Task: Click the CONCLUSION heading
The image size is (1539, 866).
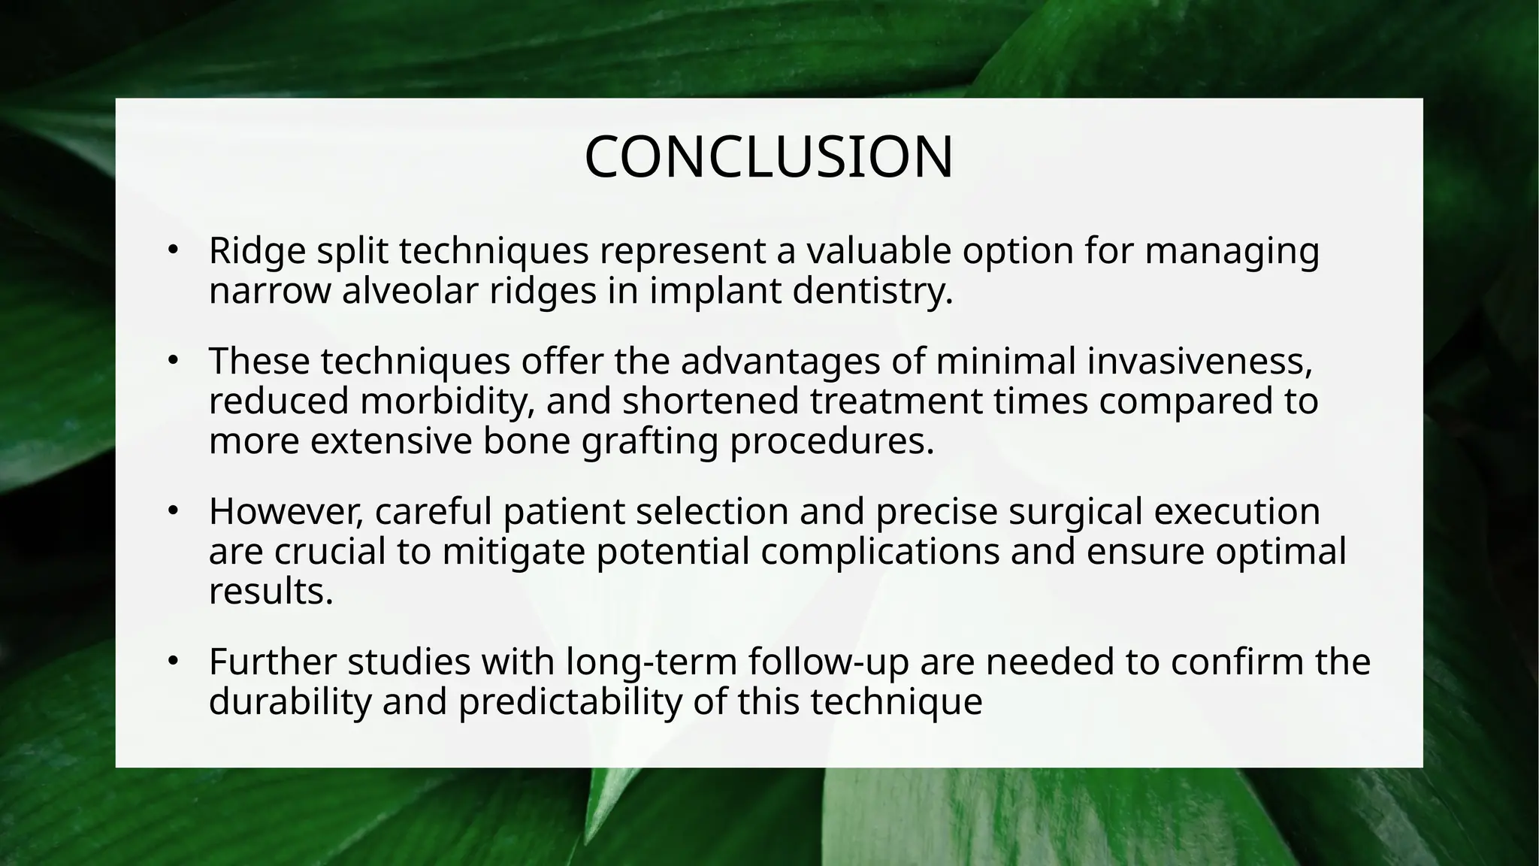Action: (769, 157)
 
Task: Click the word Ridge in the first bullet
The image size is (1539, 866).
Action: (256, 252)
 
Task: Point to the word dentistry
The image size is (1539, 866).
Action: (872, 292)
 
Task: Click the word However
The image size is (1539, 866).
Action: (286, 512)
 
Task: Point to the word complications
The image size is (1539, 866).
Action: (880, 552)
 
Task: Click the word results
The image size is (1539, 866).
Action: (271, 592)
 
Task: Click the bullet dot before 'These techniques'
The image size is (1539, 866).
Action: (172, 362)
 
